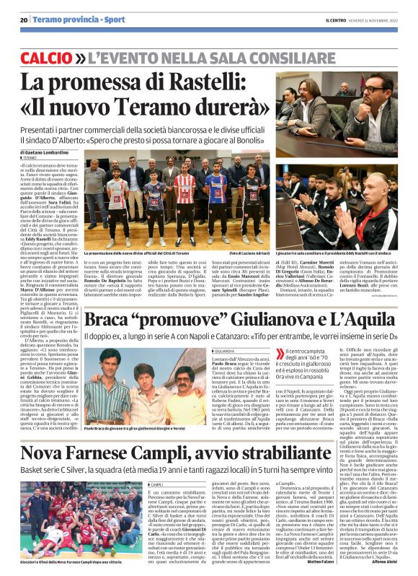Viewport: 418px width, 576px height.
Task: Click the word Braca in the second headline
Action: pos(108,318)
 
